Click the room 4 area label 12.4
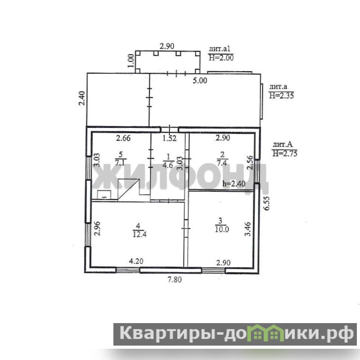click(139, 234)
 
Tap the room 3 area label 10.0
click(222, 229)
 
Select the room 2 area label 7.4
click(222, 163)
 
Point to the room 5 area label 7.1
click(121, 162)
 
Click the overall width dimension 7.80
click(175, 279)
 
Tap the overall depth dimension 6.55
click(266, 203)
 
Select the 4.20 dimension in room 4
click(136, 261)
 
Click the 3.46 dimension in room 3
click(248, 229)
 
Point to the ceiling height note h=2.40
click(234, 184)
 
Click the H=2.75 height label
click(285, 153)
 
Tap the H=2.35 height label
click(281, 95)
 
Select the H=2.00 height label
click(221, 58)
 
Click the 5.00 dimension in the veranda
click(200, 81)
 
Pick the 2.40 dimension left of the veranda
click(82, 98)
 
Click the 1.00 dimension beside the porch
click(131, 61)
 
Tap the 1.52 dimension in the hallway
click(170, 138)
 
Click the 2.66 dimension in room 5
click(123, 138)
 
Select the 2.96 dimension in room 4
click(97, 228)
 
